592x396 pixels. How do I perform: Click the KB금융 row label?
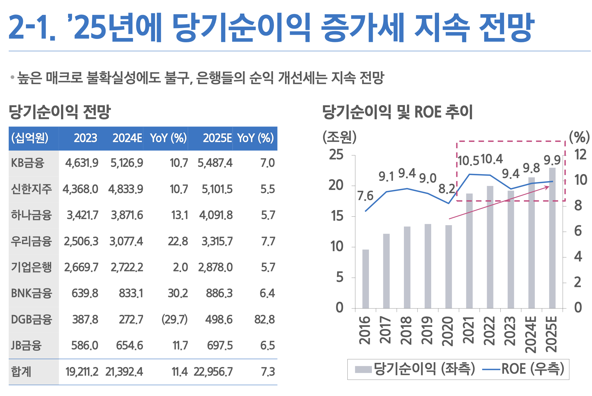(x=28, y=163)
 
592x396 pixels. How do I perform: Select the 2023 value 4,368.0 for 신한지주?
(x=80, y=189)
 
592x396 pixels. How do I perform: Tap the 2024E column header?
(x=127, y=138)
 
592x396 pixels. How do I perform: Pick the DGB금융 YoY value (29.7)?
(x=174, y=319)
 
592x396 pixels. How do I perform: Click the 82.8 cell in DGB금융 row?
(x=265, y=319)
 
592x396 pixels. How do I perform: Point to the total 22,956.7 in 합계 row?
(x=213, y=372)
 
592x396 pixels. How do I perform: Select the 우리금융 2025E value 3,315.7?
(x=217, y=241)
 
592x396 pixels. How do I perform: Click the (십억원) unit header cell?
(x=30, y=138)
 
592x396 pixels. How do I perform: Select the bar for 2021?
(x=469, y=251)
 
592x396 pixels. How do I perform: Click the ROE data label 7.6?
(x=365, y=196)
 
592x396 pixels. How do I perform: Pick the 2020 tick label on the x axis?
(x=448, y=331)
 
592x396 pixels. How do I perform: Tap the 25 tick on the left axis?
(x=337, y=155)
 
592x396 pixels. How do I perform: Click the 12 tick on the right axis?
(x=580, y=155)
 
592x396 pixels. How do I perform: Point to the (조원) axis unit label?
(x=340, y=137)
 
